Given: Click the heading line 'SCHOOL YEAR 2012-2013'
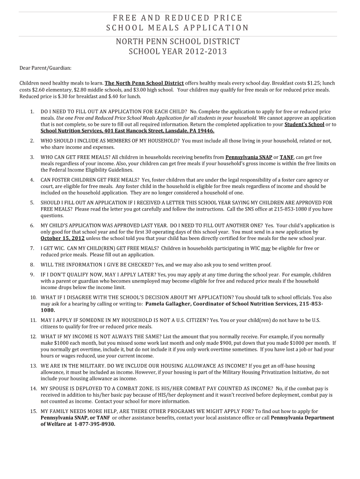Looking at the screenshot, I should tap(178, 51).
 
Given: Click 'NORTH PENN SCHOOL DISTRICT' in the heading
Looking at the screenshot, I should tap(178, 42).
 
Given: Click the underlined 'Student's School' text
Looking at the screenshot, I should tap(304, 125).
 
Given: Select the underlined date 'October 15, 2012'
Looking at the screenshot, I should tap(62, 238).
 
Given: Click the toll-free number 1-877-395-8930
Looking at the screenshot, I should tap(91, 424).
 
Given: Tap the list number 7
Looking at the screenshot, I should tap(32, 248).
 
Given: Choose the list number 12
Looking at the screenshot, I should tap(33, 336).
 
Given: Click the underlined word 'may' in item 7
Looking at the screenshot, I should tap(266, 248).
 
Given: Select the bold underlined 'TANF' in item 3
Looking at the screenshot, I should tap(287, 157).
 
